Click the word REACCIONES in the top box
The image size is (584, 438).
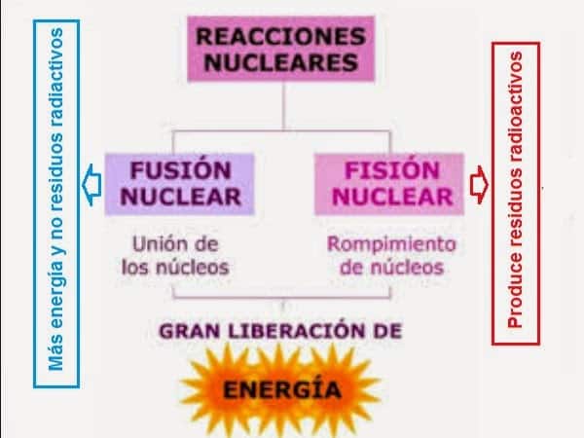coord(283,38)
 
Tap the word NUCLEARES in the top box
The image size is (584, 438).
coord(283,63)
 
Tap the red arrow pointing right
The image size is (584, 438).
coord(479,182)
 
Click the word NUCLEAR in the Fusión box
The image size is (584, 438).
coord(182,197)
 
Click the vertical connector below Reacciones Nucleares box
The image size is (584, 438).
coord(282,103)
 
